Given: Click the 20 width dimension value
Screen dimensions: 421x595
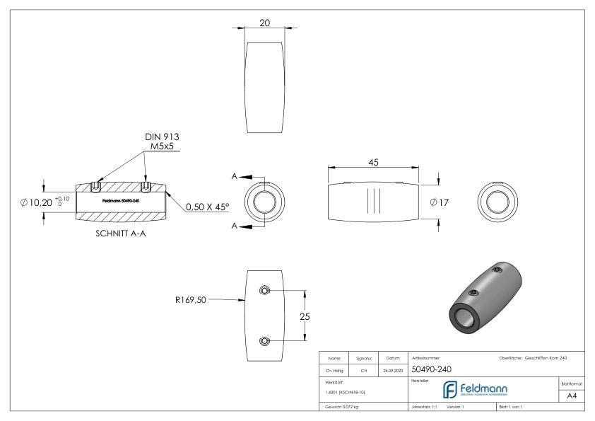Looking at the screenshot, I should pyautogui.click(x=265, y=23).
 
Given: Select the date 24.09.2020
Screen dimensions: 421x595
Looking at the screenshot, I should pyautogui.click(x=393, y=369).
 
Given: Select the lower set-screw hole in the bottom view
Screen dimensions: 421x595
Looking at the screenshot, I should pyautogui.click(x=264, y=341).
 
